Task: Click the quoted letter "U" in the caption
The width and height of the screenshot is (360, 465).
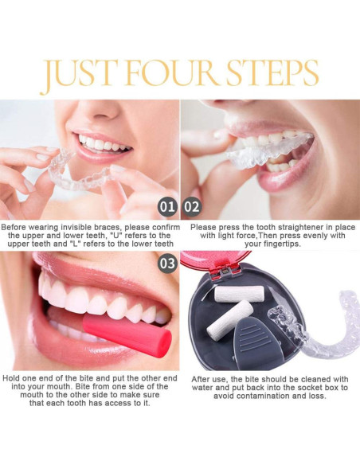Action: pyautogui.click(x=110, y=236)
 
